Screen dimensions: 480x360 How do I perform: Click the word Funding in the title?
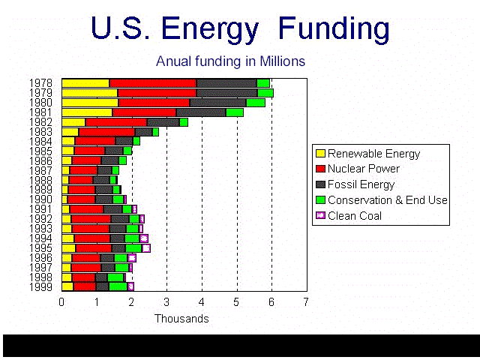tap(334, 28)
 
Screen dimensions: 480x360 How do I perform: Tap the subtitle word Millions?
tap(282, 61)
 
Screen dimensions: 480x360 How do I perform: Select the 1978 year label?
tap(40, 83)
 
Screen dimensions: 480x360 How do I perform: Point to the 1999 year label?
tap(40, 286)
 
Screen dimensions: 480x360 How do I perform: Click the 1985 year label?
tap(40, 151)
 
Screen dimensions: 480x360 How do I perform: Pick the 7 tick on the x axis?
tap(306, 302)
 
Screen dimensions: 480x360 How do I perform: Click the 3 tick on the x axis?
tap(166, 302)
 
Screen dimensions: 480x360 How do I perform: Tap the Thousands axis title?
tap(181, 318)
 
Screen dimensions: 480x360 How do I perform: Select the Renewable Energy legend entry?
tap(368, 154)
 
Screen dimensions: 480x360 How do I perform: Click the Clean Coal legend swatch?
tap(320, 215)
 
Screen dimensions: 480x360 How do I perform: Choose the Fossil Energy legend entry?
tap(355, 184)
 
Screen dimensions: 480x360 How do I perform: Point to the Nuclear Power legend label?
tap(363, 169)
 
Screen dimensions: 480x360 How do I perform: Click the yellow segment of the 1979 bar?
tap(90, 93)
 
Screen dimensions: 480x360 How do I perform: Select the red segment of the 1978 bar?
tap(153, 83)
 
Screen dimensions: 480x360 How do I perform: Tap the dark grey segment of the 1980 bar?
tap(218, 103)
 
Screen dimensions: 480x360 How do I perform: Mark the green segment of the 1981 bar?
tap(235, 112)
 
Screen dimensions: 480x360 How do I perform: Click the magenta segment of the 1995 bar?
tap(146, 248)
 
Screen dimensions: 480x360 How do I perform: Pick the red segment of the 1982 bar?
tap(116, 122)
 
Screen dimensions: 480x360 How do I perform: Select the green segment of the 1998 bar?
tap(115, 277)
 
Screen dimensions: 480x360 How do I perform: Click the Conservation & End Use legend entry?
tap(382, 200)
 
